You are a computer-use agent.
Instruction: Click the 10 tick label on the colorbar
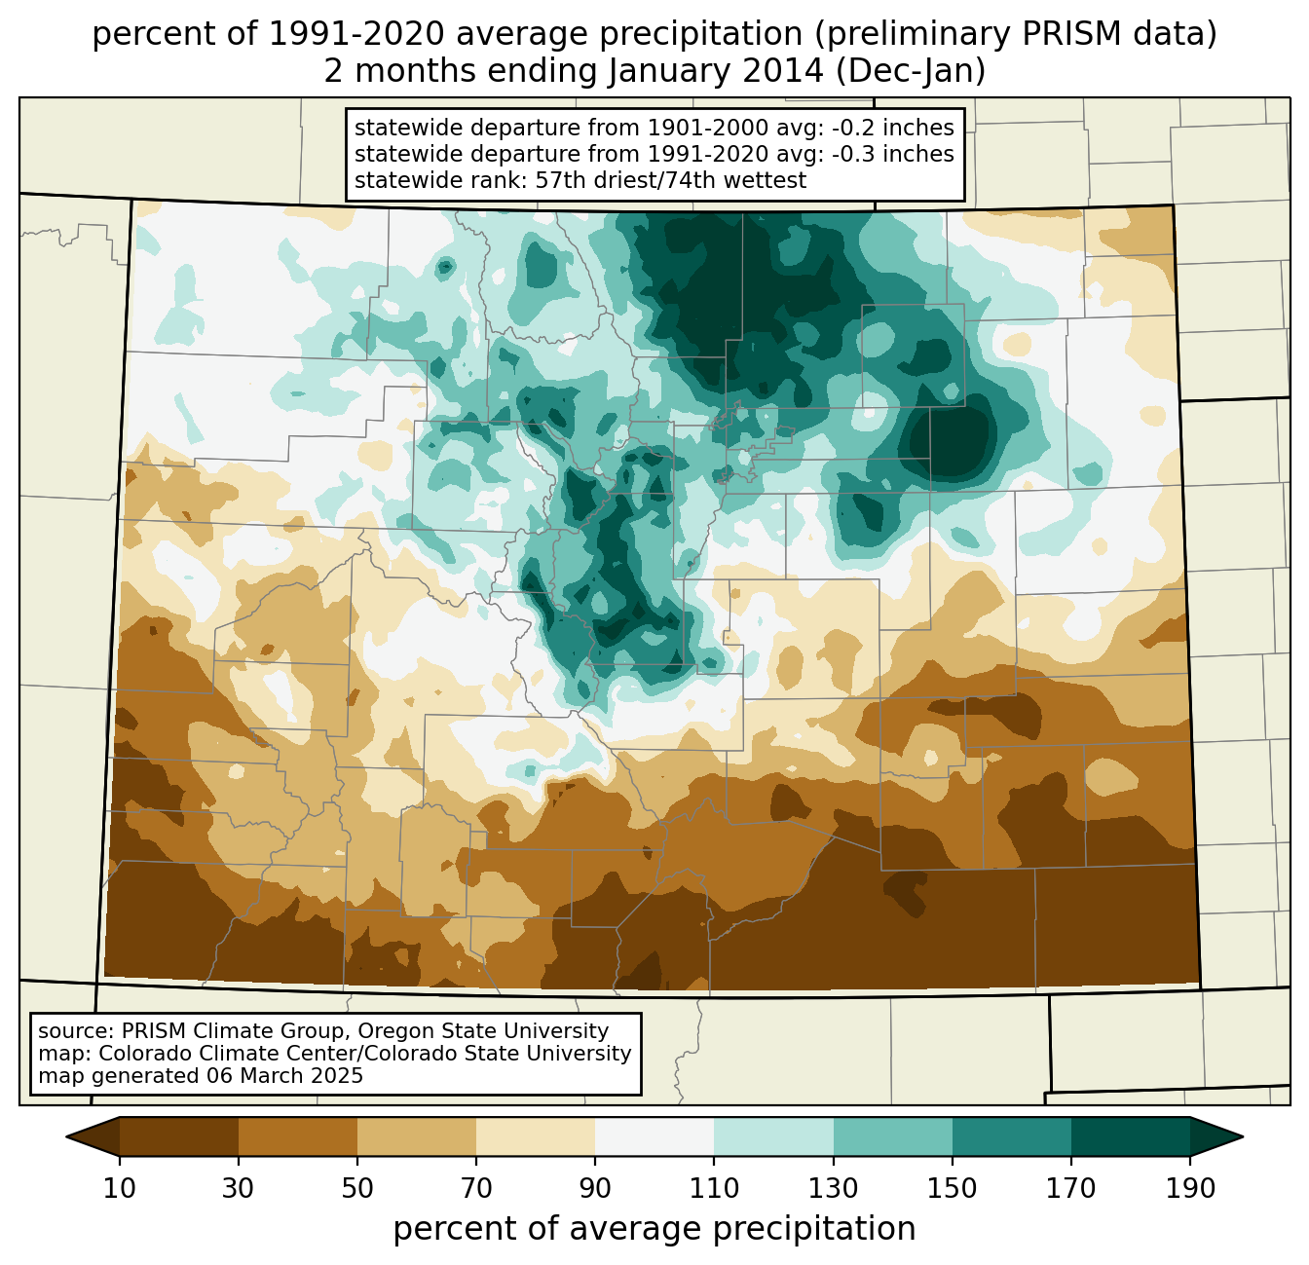pyautogui.click(x=120, y=1189)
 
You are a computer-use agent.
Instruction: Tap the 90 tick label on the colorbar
pyautogui.click(x=595, y=1189)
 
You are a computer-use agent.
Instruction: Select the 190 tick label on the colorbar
pyautogui.click(x=1190, y=1189)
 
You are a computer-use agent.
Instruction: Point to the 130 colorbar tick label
pyautogui.click(x=834, y=1189)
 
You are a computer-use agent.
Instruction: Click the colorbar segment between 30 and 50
pyautogui.click(x=298, y=1136)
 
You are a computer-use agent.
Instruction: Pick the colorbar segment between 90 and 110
pyautogui.click(x=654, y=1136)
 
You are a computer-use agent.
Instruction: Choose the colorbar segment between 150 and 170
pyautogui.click(x=1012, y=1136)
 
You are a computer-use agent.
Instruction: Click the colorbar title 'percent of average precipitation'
pyautogui.click(x=654, y=1229)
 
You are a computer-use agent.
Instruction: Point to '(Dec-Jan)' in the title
pyautogui.click(x=911, y=72)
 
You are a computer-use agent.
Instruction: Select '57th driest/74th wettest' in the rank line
pyautogui.click(x=671, y=180)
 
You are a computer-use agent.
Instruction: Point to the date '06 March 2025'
pyautogui.click(x=284, y=1076)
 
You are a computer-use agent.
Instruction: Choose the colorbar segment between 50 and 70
pyautogui.click(x=417, y=1136)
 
